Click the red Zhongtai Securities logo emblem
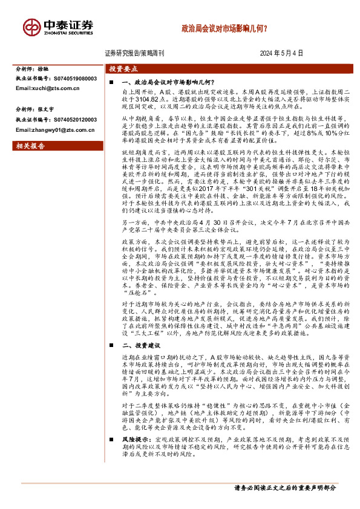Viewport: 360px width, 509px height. [x=31, y=27]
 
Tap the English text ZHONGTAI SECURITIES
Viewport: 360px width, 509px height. [x=68, y=35]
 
